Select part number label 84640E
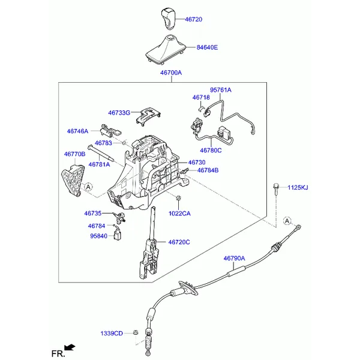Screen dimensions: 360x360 pos(207,47)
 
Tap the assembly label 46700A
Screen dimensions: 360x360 pos(171,73)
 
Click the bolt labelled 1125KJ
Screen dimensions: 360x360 pos(276,189)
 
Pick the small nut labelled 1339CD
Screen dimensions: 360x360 pos(136,332)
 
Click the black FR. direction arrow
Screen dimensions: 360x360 pos(70,347)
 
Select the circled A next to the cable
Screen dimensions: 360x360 pos(287,221)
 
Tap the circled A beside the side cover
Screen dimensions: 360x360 pos(88,187)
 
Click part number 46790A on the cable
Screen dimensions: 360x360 pos(234,258)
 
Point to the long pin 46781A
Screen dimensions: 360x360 pos(100,153)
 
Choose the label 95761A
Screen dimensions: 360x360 pos(221,90)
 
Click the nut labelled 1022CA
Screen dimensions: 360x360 pos(178,198)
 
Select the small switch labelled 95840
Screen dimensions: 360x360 pos(118,235)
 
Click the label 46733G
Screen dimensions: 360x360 pos(119,113)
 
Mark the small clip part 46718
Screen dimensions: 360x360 pos(201,109)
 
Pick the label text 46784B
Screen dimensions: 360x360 pos(208,170)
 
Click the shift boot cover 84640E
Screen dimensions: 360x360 pos(165,49)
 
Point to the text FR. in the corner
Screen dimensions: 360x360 pos(58,353)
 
